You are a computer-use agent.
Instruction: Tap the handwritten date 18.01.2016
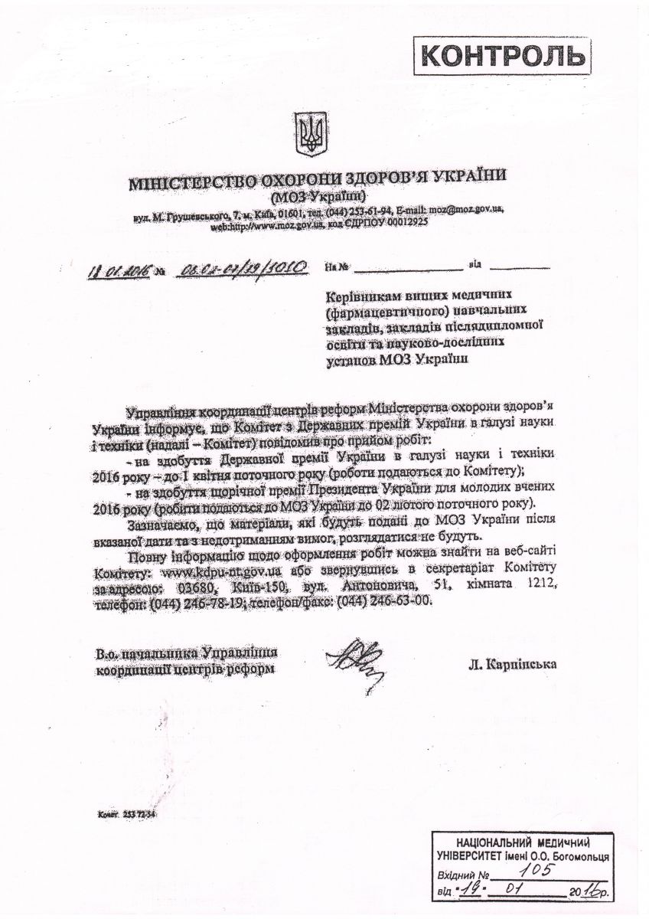(118, 269)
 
